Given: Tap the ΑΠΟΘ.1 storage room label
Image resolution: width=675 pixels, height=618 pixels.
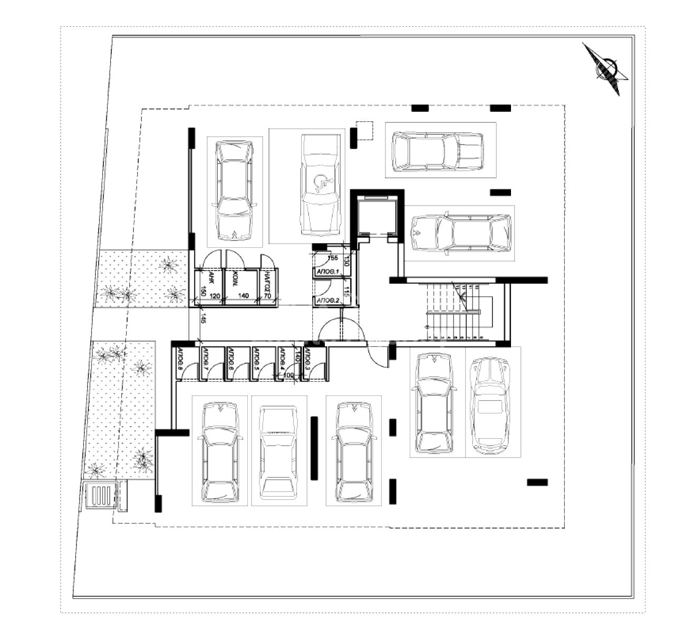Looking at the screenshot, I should (x=327, y=271).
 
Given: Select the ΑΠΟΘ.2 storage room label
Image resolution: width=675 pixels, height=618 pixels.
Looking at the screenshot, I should (x=327, y=301).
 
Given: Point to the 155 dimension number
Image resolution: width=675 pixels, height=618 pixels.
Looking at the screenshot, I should (x=332, y=258).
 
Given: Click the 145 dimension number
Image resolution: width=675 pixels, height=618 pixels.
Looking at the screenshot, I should (x=203, y=318).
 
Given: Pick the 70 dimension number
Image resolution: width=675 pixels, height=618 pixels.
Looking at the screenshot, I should (x=267, y=296).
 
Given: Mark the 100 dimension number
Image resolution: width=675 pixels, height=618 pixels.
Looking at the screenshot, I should (x=288, y=375).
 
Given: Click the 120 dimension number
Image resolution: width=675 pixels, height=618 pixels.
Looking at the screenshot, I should (x=215, y=296).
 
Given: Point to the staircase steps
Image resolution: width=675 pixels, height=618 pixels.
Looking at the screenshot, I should (x=454, y=312).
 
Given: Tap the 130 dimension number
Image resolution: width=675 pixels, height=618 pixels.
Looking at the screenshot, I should (x=347, y=261).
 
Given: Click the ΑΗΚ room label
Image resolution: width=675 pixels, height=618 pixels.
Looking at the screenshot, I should (x=210, y=277).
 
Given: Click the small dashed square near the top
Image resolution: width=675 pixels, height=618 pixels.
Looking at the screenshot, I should (x=364, y=131).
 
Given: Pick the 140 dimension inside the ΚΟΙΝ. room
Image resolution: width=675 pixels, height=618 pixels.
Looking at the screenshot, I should (x=243, y=296).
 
